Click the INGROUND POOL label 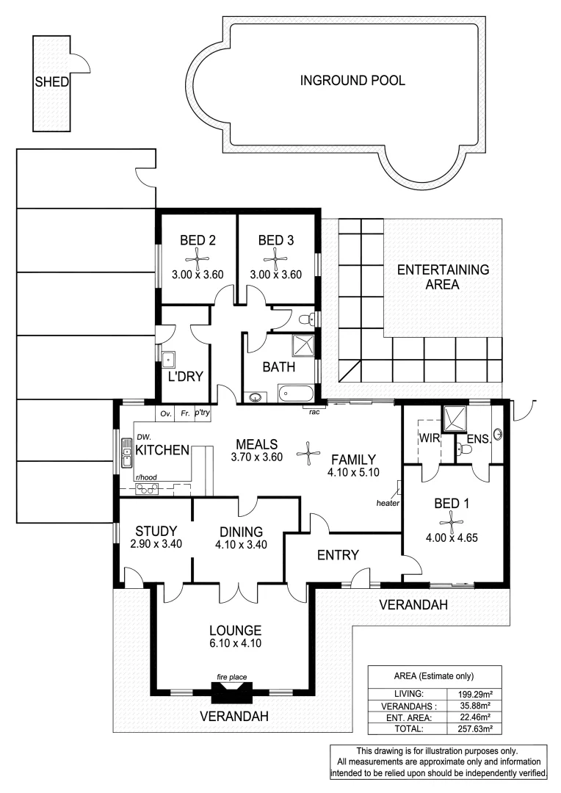pyautogui.click(x=352, y=81)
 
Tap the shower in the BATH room pyautogui.click(x=303, y=344)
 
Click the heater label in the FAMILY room pyautogui.click(x=387, y=503)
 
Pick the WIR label pyautogui.click(x=429, y=438)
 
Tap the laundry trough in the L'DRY pyautogui.click(x=169, y=361)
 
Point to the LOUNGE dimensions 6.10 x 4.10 pyautogui.click(x=235, y=643)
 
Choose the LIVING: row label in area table pyautogui.click(x=408, y=692)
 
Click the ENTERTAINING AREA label pyautogui.click(x=443, y=277)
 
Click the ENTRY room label pyautogui.click(x=337, y=554)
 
